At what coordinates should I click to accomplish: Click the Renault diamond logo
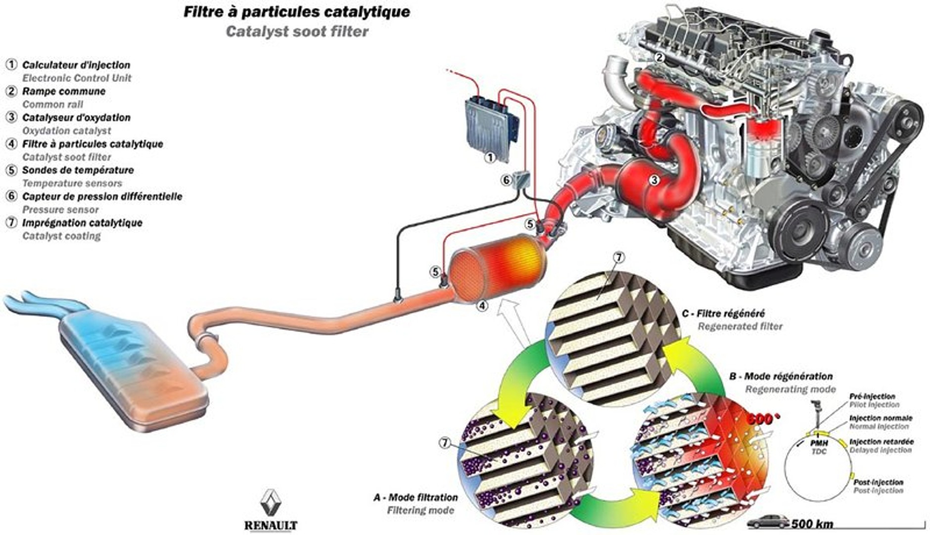[271, 502]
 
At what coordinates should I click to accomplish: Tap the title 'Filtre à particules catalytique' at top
[297, 12]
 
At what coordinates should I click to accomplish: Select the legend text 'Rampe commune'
[64, 91]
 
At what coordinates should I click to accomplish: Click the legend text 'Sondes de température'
[78, 170]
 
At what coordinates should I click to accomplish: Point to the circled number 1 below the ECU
[490, 158]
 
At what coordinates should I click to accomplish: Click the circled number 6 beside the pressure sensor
[506, 180]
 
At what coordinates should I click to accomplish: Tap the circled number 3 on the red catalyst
[654, 180]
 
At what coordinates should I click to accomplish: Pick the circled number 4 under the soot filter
[482, 306]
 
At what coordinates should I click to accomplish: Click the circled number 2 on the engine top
[659, 57]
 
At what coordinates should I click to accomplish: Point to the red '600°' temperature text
[762, 419]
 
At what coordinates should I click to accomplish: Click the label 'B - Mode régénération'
[781, 377]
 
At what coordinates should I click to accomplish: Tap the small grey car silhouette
[768, 521]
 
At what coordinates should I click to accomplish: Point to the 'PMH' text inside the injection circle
[819, 444]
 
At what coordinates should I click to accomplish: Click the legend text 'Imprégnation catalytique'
[82, 223]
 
